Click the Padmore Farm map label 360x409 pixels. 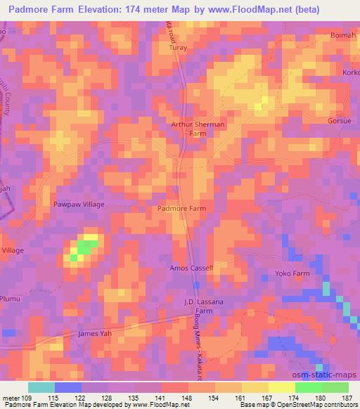pos(181,209)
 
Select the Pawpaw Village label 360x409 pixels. pos(79,204)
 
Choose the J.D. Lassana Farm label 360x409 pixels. pos(203,304)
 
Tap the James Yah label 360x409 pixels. pos(95,333)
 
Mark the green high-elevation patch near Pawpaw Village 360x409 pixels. pos(84,247)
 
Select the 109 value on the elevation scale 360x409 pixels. pos(28,398)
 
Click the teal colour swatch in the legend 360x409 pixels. pos(41,387)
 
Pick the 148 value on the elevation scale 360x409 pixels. pos(188,398)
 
